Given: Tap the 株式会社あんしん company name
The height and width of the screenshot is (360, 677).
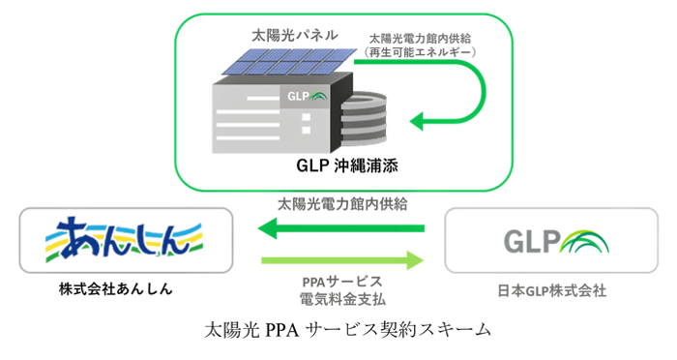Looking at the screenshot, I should pyautogui.click(x=125, y=288).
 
